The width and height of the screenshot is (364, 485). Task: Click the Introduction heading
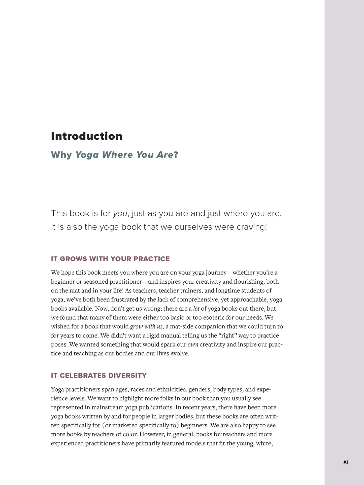tap(87, 136)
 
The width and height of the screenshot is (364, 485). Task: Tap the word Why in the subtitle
tap(61, 155)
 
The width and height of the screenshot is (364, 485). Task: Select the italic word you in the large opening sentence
tap(120, 214)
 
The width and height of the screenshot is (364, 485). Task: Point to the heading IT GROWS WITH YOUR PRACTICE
tap(110, 259)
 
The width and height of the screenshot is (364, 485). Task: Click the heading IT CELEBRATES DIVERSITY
tap(99, 376)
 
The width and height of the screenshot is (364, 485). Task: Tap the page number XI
tap(346, 462)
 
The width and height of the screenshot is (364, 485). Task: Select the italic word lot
tap(196, 309)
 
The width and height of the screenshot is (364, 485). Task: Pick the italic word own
tap(193, 345)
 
